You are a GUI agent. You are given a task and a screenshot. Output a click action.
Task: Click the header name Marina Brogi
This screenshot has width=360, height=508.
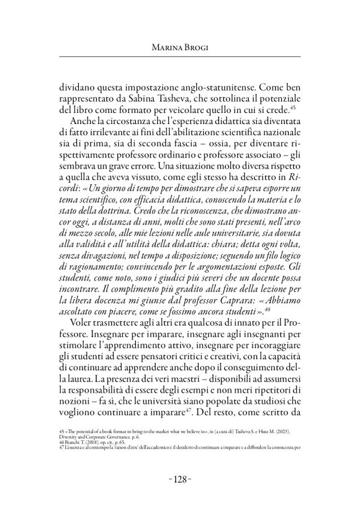click(179, 47)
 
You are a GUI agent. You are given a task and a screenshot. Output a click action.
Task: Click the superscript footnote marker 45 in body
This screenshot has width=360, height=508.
click(299, 108)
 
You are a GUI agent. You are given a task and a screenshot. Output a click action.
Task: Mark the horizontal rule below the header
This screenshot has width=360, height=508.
click(179, 56)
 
